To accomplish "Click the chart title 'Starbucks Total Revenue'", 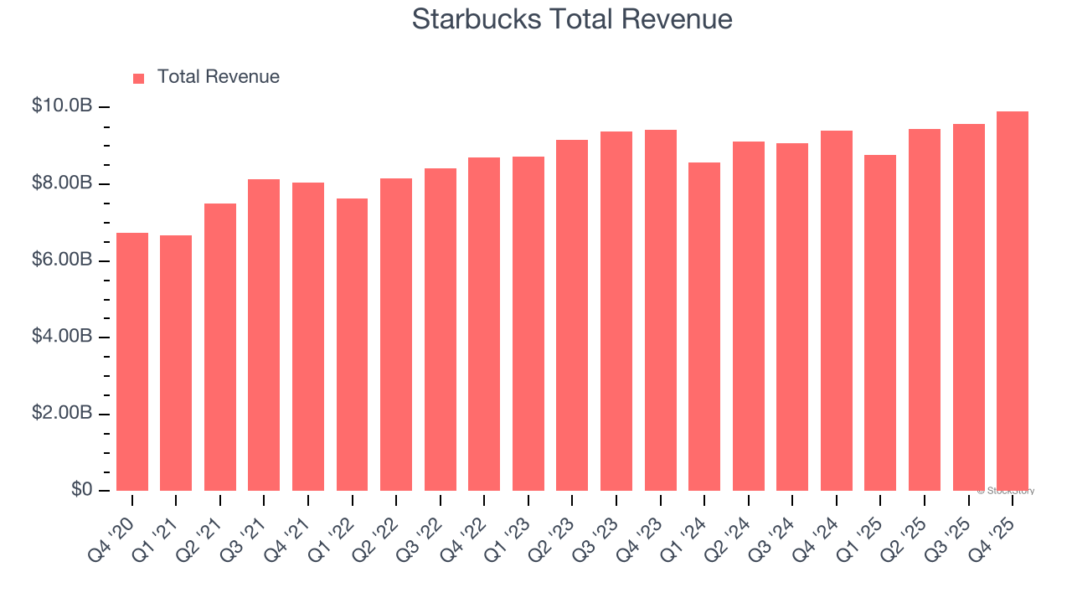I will tap(572, 19).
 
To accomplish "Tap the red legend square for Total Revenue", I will tap(139, 78).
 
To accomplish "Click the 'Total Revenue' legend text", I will tap(218, 77).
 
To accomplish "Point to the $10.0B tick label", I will tap(62, 106).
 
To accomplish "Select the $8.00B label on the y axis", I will tap(62, 183).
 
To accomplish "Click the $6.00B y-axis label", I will tap(62, 260).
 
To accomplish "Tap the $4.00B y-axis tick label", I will tap(62, 337).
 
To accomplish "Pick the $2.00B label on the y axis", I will tap(62, 414).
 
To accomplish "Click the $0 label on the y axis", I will tap(81, 490).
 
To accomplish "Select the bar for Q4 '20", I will tap(132, 362).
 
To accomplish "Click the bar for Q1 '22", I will tap(352, 344).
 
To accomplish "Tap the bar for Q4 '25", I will tap(1012, 301).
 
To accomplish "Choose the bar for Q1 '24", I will tap(704, 327).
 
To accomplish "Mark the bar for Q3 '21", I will tap(264, 335).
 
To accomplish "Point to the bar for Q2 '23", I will tap(572, 315).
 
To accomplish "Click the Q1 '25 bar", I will tap(880, 322).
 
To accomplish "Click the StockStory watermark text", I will tap(1006, 491).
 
